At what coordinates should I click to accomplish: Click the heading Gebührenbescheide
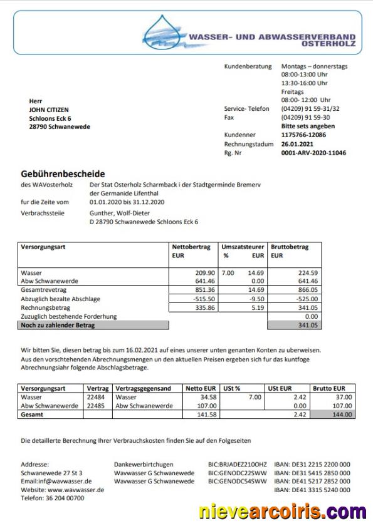pyautogui.click(x=63, y=173)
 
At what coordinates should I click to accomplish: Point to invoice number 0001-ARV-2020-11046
pyautogui.click(x=313, y=152)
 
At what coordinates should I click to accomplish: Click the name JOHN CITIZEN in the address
pyautogui.click(x=49, y=110)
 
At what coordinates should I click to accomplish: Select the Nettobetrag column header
pyautogui.click(x=191, y=247)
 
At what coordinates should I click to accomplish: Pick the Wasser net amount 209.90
pyautogui.click(x=205, y=273)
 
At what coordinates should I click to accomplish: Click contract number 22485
pyautogui.click(x=97, y=405)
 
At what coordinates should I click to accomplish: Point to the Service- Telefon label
pyautogui.click(x=246, y=108)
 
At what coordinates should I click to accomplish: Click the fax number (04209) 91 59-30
pyautogui.click(x=307, y=117)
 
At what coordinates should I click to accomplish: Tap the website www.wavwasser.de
pyautogui.click(x=76, y=490)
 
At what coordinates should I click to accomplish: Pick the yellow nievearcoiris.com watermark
pyautogui.click(x=283, y=512)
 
